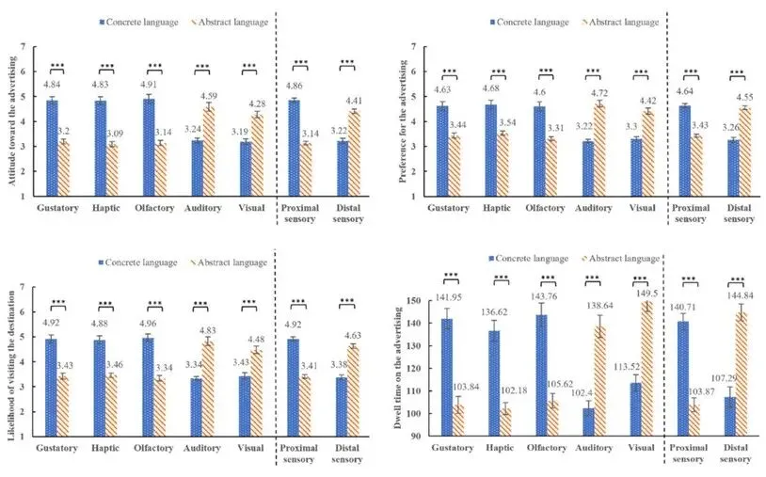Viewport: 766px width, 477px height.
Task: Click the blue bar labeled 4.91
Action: [x=149, y=147]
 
